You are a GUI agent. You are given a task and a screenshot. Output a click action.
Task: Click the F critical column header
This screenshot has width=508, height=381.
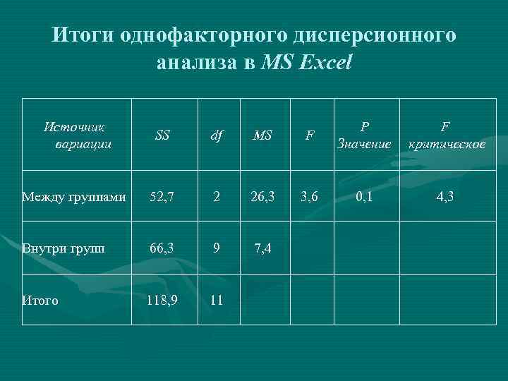tap(445, 135)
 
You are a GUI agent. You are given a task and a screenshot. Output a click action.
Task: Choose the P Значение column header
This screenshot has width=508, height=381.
tap(363, 135)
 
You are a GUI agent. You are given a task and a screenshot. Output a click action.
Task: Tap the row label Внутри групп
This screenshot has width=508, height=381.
tap(64, 248)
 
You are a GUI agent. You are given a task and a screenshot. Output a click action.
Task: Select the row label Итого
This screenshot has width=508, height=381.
tap(40, 301)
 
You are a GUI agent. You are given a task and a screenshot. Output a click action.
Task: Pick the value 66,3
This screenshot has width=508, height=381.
tap(162, 248)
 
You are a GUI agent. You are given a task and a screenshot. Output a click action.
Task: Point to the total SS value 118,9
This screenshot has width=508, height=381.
tap(162, 300)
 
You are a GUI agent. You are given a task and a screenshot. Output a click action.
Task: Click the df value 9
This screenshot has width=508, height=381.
tap(217, 248)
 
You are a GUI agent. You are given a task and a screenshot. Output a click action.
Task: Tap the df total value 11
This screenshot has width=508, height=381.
tap(217, 300)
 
